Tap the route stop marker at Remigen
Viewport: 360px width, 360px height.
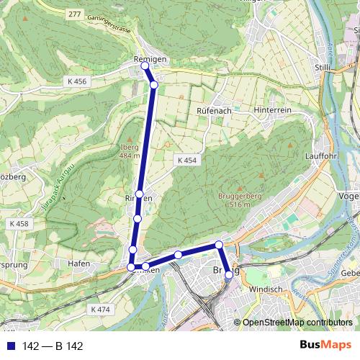tap(145, 66)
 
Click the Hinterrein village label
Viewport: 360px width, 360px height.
tap(272, 109)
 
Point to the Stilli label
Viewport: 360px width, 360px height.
tap(323, 68)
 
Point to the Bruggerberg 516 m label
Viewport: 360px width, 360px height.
tap(236, 200)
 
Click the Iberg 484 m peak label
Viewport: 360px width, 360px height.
tap(130, 151)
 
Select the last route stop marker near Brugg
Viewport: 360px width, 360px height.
tap(229, 274)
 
